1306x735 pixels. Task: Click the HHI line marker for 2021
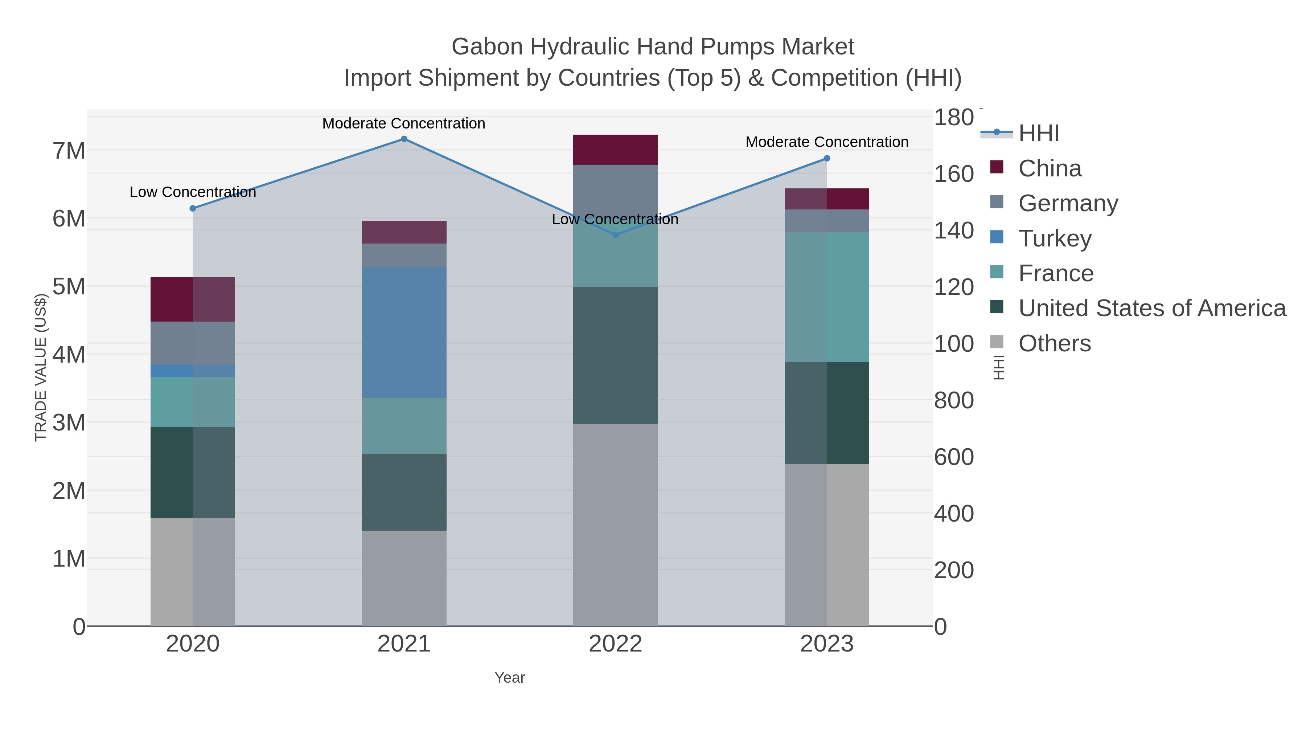point(404,139)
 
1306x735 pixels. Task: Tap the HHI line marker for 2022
point(616,235)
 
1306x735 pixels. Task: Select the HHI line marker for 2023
point(827,158)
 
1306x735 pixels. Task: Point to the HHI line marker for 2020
point(193,208)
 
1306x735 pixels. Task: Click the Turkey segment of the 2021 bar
point(404,332)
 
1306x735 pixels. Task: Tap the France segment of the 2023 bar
point(827,297)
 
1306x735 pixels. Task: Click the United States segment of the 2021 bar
point(404,492)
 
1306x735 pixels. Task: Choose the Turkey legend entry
point(1055,238)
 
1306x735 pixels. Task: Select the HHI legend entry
point(1038,134)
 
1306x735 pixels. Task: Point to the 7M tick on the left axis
point(69,151)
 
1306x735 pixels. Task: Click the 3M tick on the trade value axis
point(69,422)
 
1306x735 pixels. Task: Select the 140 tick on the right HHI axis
point(954,231)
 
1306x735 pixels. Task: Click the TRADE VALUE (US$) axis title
point(41,367)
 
